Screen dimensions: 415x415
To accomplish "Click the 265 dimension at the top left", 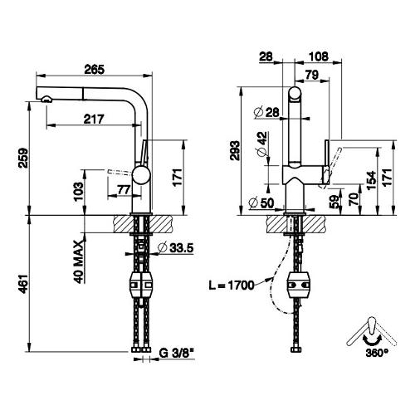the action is pyautogui.click(x=95, y=69).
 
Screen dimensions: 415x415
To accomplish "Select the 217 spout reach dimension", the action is pyautogui.click(x=94, y=119).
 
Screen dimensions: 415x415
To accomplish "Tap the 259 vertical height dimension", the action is pyautogui.click(x=23, y=158).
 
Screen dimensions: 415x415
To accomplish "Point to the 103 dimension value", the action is pyautogui.click(x=79, y=192).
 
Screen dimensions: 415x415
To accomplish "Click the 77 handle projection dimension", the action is pyautogui.click(x=124, y=190).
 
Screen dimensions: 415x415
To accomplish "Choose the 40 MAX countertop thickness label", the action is pyautogui.click(x=79, y=261).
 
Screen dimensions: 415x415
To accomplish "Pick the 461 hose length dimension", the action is pyautogui.click(x=23, y=284).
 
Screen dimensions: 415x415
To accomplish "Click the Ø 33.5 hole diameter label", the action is pyautogui.click(x=175, y=248).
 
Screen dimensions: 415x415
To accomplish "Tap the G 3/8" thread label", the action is pyautogui.click(x=177, y=353).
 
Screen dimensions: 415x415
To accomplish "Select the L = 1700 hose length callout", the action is pyautogui.click(x=232, y=286).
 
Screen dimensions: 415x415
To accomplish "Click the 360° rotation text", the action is pyautogui.click(x=377, y=353).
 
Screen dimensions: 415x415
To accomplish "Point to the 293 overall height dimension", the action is pyautogui.click(x=236, y=150).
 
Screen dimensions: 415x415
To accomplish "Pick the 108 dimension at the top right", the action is pyautogui.click(x=319, y=56).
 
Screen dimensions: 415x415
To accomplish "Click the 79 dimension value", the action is pyautogui.click(x=312, y=75).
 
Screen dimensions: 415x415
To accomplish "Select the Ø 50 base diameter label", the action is pyautogui.click(x=261, y=203).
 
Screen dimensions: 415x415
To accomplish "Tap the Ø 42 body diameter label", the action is pyautogui.click(x=262, y=144).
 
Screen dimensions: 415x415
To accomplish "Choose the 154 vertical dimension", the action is pyautogui.click(x=371, y=180).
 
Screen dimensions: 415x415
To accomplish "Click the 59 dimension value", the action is pyautogui.click(x=334, y=202).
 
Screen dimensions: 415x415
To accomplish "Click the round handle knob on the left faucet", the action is pyautogui.click(x=141, y=174).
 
